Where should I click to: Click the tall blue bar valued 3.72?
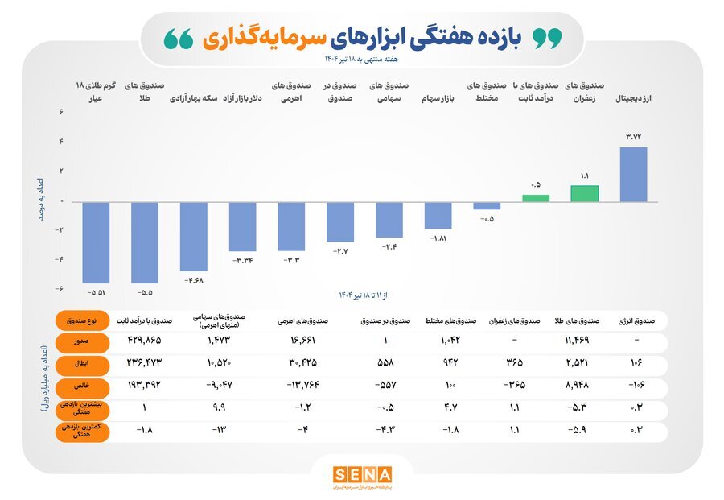coord(634,174)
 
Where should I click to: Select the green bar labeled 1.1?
coord(585,193)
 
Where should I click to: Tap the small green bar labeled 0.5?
coord(536,198)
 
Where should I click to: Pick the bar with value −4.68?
coord(193,236)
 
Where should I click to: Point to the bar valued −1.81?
coord(438,215)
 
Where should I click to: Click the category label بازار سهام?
coord(440,101)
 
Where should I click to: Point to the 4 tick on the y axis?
coord(61,142)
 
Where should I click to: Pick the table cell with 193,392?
coord(145,386)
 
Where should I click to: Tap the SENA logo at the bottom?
coord(362,474)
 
